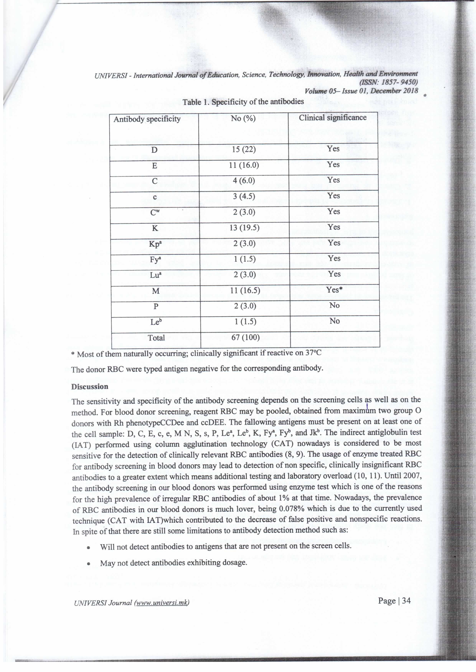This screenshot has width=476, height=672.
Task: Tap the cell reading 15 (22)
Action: tap(244, 150)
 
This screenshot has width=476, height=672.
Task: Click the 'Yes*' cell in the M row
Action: tap(334, 290)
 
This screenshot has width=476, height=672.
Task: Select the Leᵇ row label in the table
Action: tap(156, 322)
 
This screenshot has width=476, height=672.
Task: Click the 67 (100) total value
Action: tap(245, 338)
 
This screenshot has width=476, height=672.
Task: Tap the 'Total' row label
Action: tap(156, 338)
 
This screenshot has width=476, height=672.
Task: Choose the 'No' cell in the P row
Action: tap(334, 305)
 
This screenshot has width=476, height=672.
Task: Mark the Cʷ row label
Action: tap(155, 212)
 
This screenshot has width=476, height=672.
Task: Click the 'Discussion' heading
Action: tap(90, 386)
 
